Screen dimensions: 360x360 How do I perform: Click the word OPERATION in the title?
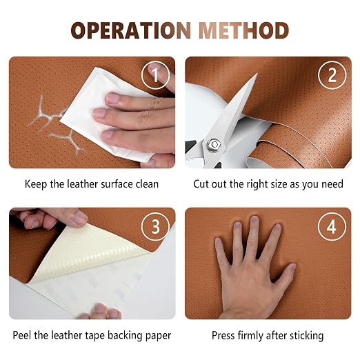pyautogui.click(x=131, y=30)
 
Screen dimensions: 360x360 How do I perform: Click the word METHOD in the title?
pyautogui.click(x=243, y=30)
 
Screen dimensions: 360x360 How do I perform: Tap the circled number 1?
pyautogui.click(x=155, y=74)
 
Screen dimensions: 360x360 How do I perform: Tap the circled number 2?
pyautogui.click(x=332, y=74)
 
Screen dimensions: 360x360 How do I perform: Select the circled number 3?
pyautogui.click(x=155, y=226)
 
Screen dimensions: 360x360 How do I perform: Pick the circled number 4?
pyautogui.click(x=332, y=226)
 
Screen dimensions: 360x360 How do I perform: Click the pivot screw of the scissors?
pyautogui.click(x=214, y=145)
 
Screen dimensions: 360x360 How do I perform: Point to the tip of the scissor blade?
pyautogui.click(x=257, y=74)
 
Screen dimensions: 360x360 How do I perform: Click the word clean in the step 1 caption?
pyautogui.click(x=147, y=184)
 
